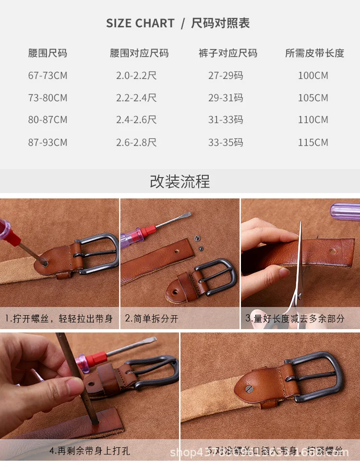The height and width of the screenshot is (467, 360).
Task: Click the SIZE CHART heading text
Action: coord(140,24)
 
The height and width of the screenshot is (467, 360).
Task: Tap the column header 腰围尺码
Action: coord(48,53)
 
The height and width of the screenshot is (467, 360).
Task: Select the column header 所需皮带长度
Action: coord(314,53)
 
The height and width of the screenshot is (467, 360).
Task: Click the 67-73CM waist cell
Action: coord(48,75)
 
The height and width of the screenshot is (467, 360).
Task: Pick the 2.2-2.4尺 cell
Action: coord(136,98)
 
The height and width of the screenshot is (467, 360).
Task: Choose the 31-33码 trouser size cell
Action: coord(226,120)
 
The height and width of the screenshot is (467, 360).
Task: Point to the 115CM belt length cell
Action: coord(313,143)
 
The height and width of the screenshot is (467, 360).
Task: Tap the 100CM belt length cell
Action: coord(313,75)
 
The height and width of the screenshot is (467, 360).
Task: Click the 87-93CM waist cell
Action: coord(48,143)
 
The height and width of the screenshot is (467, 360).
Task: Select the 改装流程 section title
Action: coord(180,182)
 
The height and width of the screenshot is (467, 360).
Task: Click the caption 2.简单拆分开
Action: coord(152,319)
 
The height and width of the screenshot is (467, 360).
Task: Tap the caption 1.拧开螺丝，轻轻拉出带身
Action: coord(59,319)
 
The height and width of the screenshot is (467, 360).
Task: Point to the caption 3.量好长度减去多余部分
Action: coord(295,318)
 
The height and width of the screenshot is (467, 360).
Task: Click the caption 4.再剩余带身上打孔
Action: coord(90,451)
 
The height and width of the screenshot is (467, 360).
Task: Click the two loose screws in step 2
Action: coord(198,243)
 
